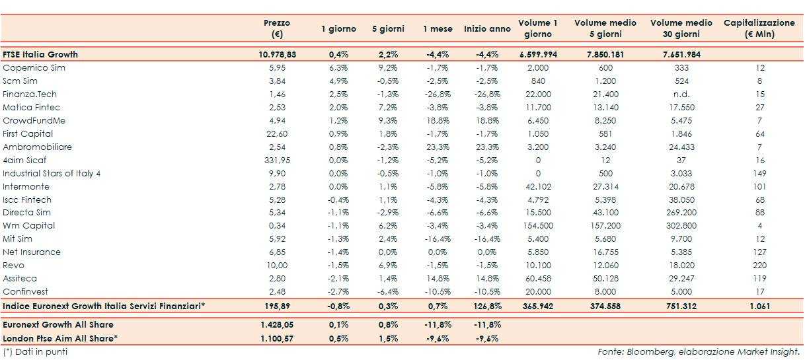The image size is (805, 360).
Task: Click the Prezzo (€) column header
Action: pyautogui.click(x=277, y=28)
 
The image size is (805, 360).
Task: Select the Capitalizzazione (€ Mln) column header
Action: pyautogui.click(x=759, y=28)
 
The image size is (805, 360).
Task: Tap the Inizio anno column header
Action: pyautogui.click(x=487, y=29)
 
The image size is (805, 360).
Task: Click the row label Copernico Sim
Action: pyautogui.click(x=34, y=68)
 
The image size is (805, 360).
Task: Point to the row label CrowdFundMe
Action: pyautogui.click(x=34, y=121)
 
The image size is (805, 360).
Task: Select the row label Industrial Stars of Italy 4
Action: pyautogui.click(x=52, y=174)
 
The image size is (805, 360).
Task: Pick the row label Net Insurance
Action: pyautogui.click(x=32, y=252)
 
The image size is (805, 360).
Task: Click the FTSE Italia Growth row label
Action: pyautogui.click(x=40, y=55)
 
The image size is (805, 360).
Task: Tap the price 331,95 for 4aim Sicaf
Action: pyautogui.click(x=277, y=161)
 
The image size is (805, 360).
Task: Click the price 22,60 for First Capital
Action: pyautogui.click(x=277, y=134)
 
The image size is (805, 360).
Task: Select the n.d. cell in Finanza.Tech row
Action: pyautogui.click(x=681, y=94)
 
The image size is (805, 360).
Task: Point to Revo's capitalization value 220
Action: pyautogui.click(x=759, y=266)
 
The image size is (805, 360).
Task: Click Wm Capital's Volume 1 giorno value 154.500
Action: pyautogui.click(x=537, y=226)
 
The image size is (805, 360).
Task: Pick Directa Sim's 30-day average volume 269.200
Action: pyautogui.click(x=681, y=213)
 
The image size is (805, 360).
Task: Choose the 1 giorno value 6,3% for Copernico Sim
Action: pyautogui.click(x=338, y=68)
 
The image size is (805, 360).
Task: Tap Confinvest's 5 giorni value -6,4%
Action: pyautogui.click(x=388, y=292)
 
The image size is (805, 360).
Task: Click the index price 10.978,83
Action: pyautogui.click(x=277, y=55)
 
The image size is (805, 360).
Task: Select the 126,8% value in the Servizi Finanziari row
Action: pyautogui.click(x=487, y=306)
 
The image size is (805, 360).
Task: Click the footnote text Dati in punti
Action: pyautogui.click(x=41, y=351)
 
